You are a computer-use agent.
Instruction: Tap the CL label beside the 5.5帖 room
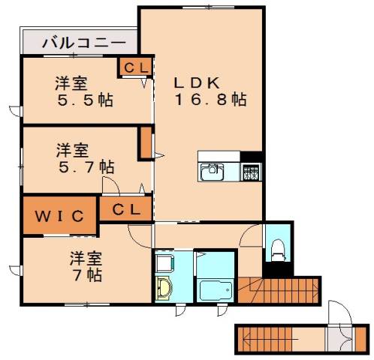click(136, 67)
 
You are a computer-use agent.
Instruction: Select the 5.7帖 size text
click(86, 165)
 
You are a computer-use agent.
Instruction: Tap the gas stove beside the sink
click(250, 172)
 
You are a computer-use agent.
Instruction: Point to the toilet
click(276, 248)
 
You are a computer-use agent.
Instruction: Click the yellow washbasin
click(165, 289)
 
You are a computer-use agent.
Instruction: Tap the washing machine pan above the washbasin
click(164, 262)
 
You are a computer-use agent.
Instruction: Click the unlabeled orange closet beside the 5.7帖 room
click(146, 143)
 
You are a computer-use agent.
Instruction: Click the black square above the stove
click(252, 157)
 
